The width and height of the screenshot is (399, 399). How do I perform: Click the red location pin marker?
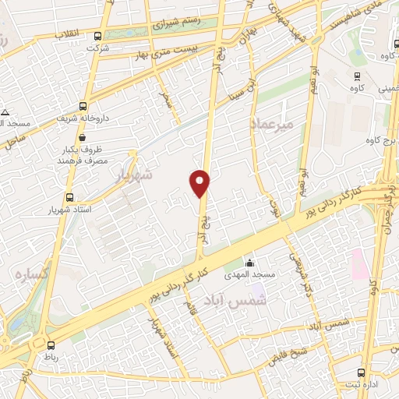tap(200, 183)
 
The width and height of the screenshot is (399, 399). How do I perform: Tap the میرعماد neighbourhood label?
tap(271, 124)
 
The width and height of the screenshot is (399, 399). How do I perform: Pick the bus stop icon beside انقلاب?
tap(97, 35)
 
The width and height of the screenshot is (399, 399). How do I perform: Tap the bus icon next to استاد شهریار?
tap(70, 198)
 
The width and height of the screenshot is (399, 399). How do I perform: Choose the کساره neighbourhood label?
tap(31, 275)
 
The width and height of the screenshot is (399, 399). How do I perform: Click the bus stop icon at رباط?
tap(51, 345)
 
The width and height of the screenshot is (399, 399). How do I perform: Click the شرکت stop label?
tap(100, 48)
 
